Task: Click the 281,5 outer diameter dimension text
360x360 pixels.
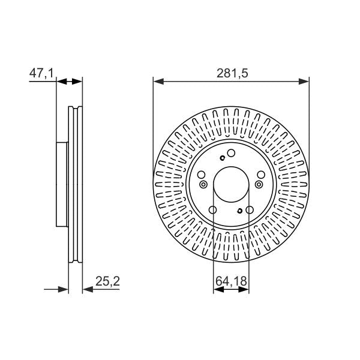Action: [232, 73]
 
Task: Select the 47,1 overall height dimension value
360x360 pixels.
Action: [41, 73]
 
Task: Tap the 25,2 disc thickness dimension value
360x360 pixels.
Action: [107, 281]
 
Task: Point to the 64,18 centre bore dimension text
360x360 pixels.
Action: [231, 281]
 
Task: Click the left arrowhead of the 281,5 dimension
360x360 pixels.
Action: [158, 81]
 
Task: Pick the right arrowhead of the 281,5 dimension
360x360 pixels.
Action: [304, 81]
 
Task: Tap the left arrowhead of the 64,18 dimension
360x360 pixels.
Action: [218, 290]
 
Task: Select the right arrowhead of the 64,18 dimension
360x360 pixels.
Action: [244, 290]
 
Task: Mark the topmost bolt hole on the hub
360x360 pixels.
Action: [231, 153]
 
